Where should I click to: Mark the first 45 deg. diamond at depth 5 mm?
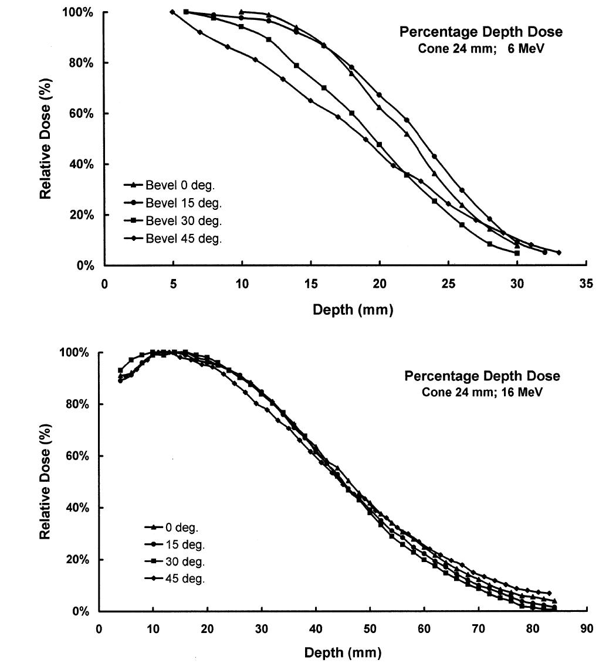(172, 12)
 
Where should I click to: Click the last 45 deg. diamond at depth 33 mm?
(559, 253)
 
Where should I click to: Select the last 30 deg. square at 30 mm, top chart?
(517, 253)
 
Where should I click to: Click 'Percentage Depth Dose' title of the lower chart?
(482, 376)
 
